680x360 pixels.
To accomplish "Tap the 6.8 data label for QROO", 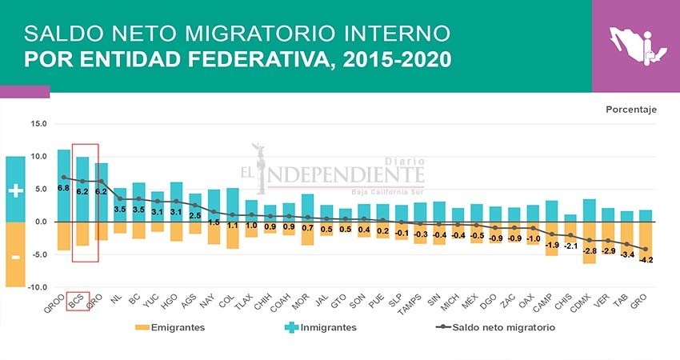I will pos(63,188).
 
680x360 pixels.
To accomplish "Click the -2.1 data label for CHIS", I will pos(571,246).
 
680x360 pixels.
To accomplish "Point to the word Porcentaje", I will pos(631,110).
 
